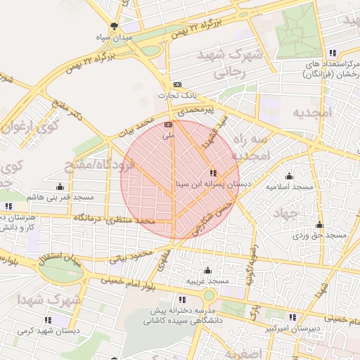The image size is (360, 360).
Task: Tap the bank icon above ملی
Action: point(167,124)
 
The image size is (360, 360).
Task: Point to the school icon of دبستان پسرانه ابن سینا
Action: point(213,173)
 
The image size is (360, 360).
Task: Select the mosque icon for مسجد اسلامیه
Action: point(289,176)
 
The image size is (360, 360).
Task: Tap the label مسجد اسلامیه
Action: point(289,187)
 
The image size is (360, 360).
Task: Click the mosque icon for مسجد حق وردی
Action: point(319,225)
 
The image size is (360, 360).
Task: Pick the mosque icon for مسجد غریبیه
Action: point(207,271)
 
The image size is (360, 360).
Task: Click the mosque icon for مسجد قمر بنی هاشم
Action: point(60,187)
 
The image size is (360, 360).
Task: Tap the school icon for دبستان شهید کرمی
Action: point(48,320)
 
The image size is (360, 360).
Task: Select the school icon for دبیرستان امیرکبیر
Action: point(292,317)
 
